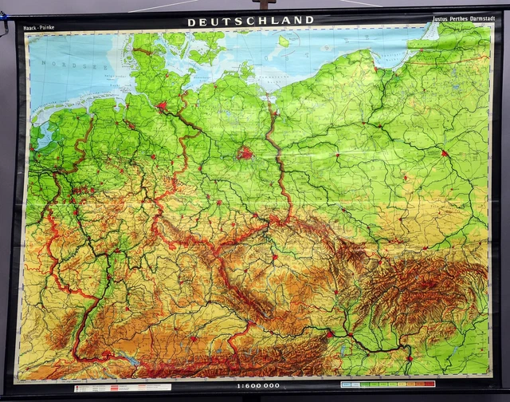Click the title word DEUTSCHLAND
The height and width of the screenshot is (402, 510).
250,22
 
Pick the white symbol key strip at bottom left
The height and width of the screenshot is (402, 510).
122,388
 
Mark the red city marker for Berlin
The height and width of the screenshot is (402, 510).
245,152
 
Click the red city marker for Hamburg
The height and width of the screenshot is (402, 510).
163,105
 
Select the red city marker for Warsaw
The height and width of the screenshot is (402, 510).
445,152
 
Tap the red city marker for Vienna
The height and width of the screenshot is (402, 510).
328,334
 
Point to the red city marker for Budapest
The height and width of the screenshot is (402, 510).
409,359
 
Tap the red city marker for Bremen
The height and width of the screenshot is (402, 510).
130,124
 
